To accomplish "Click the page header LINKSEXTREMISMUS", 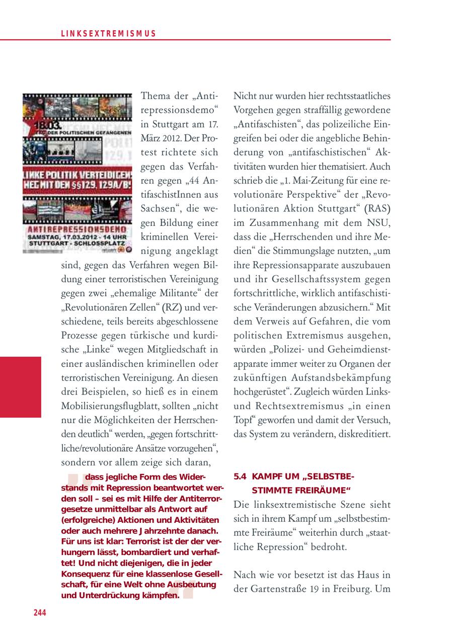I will point(108,34).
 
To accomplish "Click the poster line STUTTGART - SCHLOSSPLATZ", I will point(77,244).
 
